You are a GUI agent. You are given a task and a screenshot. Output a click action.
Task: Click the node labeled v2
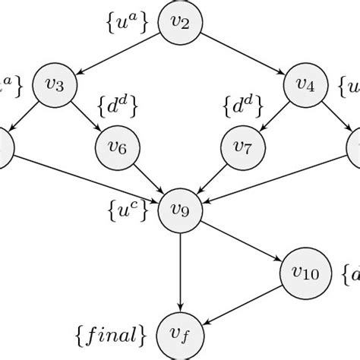[179, 25]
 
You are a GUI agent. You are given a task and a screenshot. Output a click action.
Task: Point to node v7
[242, 145]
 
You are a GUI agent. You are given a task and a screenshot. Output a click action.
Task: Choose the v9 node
[179, 206]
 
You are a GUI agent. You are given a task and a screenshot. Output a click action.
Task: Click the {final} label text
[115, 333]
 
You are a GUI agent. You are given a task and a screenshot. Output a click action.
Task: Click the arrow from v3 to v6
[87, 115]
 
